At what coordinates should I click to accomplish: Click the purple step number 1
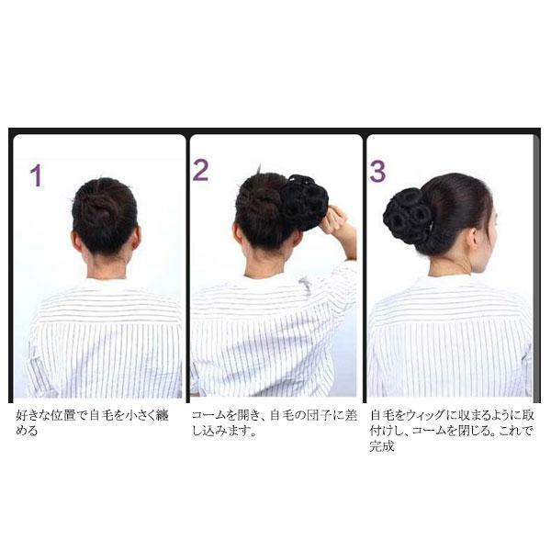(x=36, y=174)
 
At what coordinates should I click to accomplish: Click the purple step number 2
(x=201, y=169)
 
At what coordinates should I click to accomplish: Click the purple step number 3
(x=377, y=172)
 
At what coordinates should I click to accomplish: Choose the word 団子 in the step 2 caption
(x=309, y=414)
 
